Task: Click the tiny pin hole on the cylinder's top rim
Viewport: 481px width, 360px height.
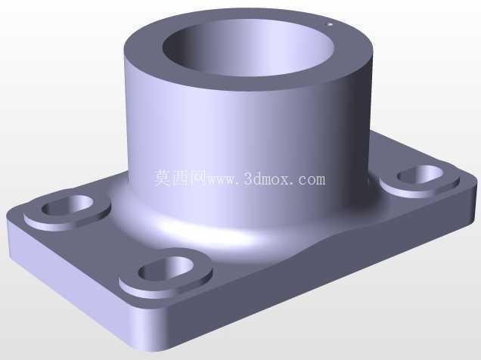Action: pos(330,24)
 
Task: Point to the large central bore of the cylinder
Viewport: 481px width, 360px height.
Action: pos(248,48)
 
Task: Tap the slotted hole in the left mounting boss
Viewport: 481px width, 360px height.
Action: pos(67,205)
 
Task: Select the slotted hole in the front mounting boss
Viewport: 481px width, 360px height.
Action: pos(166,268)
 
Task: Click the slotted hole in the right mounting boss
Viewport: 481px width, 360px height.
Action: pos(420,174)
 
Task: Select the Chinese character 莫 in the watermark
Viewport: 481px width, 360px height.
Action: pos(162,178)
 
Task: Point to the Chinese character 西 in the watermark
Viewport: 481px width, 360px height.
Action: pos(180,178)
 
